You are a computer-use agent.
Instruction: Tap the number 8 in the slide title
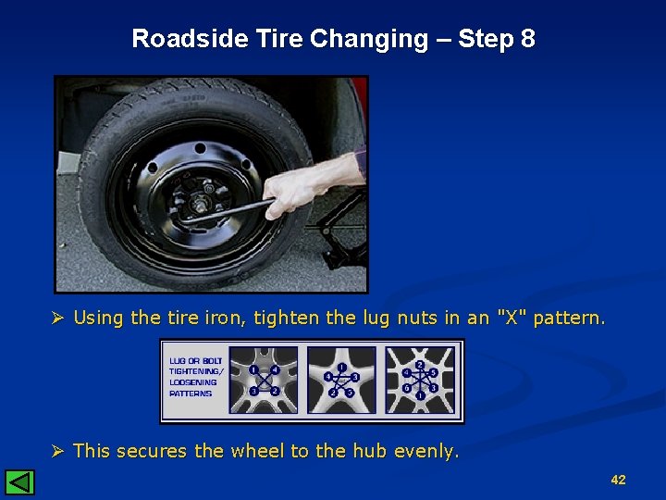point(527,39)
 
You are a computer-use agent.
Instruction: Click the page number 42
point(618,480)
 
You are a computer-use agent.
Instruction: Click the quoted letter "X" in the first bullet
point(507,318)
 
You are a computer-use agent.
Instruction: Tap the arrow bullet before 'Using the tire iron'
point(57,318)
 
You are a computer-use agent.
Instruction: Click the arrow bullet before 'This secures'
point(57,451)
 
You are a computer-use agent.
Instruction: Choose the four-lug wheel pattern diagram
point(265,381)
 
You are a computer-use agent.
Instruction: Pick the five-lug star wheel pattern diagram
point(341,381)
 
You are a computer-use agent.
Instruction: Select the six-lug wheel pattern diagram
point(421,381)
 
